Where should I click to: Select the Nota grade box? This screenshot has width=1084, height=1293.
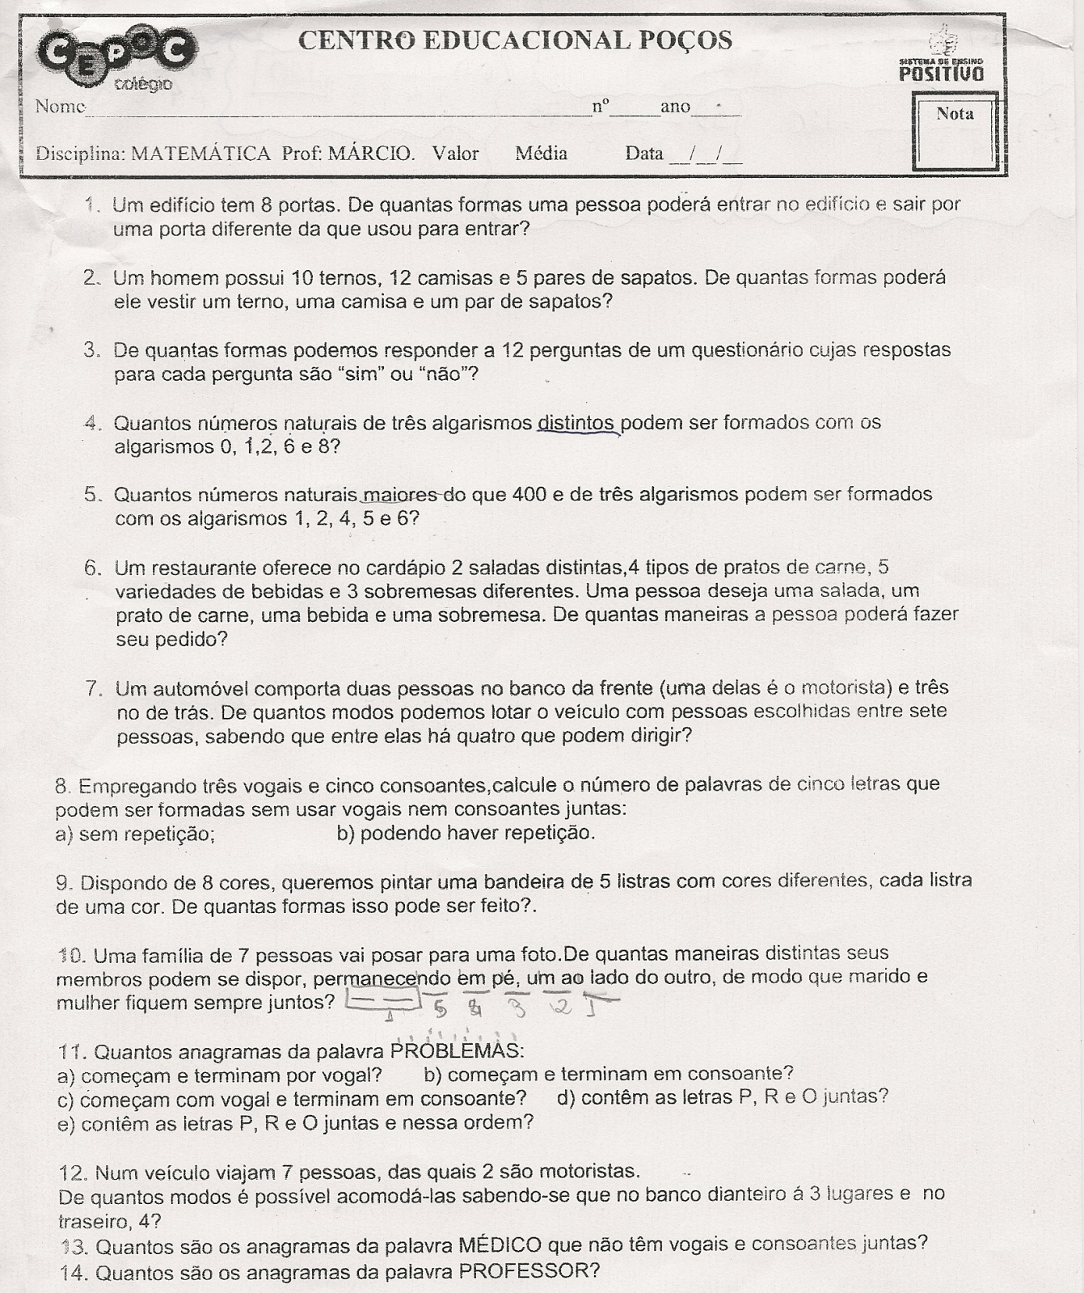click(x=955, y=131)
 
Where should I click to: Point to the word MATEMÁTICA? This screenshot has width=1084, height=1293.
click(x=200, y=154)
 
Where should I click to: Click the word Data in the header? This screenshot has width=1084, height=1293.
click(x=644, y=154)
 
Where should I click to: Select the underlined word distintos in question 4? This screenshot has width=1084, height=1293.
click(x=576, y=423)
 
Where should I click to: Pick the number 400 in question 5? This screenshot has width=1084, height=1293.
click(x=530, y=494)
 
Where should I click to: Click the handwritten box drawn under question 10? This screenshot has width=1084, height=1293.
click(x=384, y=1002)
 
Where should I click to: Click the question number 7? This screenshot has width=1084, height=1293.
click(x=95, y=689)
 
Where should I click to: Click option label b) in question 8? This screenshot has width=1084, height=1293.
click(x=345, y=833)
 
